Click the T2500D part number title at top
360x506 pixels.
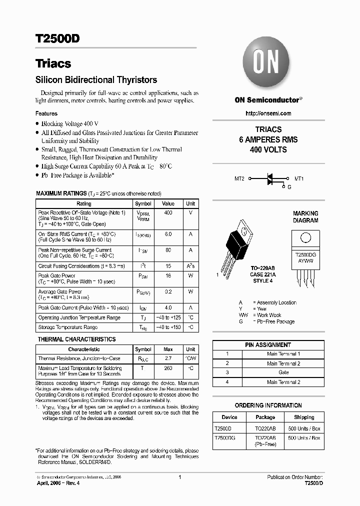(x=57, y=40)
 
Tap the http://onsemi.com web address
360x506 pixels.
(x=268, y=113)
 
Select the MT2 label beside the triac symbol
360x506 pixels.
(x=239, y=178)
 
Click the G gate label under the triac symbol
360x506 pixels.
(x=288, y=187)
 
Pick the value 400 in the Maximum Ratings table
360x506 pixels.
(x=168, y=213)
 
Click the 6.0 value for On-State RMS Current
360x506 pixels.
(x=168, y=234)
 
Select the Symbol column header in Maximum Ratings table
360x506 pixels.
(x=143, y=204)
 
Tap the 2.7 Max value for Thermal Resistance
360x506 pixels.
(x=168, y=358)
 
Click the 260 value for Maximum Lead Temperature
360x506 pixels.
(x=168, y=368)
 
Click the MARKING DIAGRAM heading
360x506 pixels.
(x=305, y=217)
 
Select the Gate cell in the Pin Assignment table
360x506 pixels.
(x=283, y=373)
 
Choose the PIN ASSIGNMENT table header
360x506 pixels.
(x=268, y=345)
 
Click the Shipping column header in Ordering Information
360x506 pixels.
(x=304, y=417)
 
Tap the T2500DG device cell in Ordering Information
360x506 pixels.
(x=224, y=437)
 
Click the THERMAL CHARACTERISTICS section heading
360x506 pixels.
(x=76, y=339)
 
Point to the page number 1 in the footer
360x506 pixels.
(x=179, y=477)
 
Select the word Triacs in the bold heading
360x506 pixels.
(x=53, y=64)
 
